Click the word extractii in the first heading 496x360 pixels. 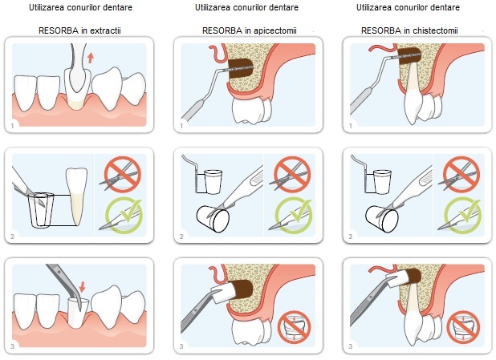105,30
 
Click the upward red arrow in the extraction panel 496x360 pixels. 91,58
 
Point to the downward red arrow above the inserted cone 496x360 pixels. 82,287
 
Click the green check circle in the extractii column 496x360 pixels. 124,216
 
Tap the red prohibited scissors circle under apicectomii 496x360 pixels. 292,175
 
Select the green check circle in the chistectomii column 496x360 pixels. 462,216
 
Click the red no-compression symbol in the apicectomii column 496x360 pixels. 295,327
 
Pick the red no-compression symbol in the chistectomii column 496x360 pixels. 463,327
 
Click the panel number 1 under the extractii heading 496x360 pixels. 13,126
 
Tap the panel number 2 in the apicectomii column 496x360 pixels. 181,237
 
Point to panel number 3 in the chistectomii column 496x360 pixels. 351,346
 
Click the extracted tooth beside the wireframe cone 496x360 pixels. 77,196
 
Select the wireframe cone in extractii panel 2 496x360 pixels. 41,209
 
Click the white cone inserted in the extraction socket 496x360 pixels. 79,312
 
